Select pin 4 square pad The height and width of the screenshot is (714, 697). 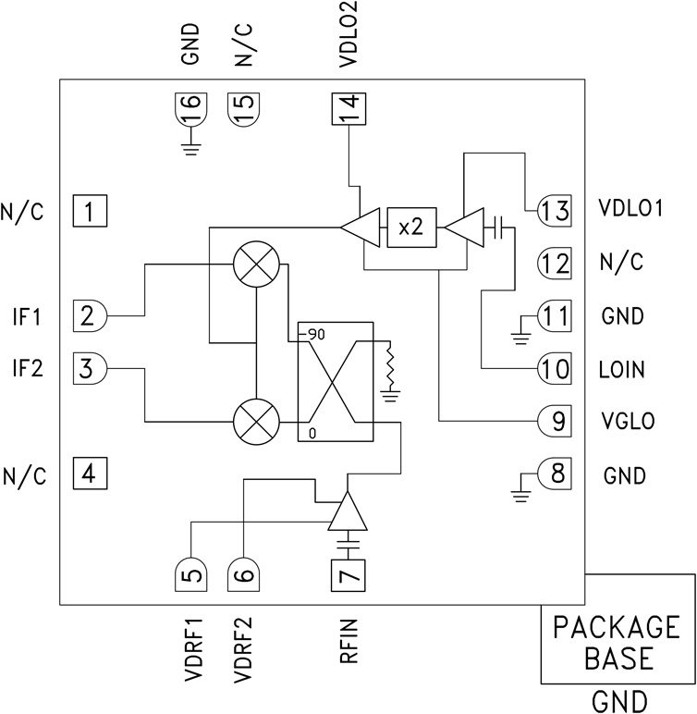pyautogui.click(x=90, y=475)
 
